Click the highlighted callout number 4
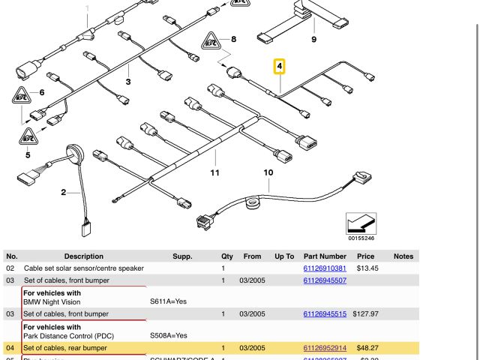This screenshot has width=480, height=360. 280,67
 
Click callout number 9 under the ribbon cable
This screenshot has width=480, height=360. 313,39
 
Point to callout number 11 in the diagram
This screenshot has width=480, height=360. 215,173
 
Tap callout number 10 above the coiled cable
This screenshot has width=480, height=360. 268,173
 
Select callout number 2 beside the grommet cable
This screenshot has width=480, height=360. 64,192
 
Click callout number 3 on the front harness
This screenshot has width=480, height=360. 128,82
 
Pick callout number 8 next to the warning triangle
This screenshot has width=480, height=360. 234,39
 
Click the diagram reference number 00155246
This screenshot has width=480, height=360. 361,238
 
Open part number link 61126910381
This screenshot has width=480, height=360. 325,268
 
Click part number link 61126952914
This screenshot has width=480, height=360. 325,348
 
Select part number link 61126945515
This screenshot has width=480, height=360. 325,313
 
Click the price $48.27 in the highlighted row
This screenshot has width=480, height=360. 365,348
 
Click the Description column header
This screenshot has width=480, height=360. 84,256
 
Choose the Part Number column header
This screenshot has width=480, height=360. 325,256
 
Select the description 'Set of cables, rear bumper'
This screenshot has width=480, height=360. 76,348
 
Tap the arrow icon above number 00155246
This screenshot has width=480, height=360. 361,223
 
